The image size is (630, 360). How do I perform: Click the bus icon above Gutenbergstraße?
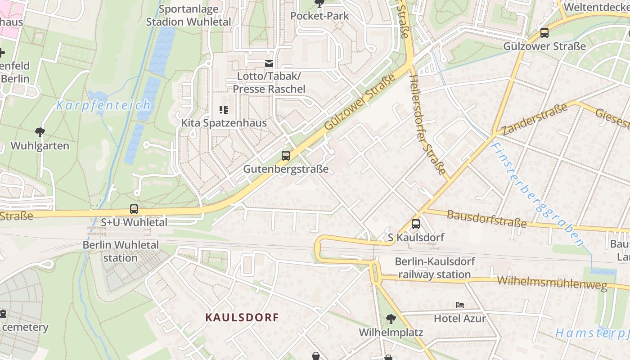(285, 156)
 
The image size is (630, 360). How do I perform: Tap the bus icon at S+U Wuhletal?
(134, 209)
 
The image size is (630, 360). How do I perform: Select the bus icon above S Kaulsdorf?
(416, 224)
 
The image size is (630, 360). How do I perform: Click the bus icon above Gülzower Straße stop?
(544, 32)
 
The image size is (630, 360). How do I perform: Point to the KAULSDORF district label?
(242, 317)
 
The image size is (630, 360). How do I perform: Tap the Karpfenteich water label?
(103, 106)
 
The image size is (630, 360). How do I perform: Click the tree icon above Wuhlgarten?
(40, 132)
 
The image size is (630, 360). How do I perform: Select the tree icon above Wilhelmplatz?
(391, 319)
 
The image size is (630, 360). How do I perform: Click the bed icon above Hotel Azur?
(460, 305)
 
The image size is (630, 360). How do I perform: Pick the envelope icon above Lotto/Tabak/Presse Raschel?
(269, 63)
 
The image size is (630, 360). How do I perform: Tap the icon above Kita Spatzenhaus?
(224, 109)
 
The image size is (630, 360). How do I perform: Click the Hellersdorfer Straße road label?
(427, 125)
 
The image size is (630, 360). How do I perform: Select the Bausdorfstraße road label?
(486, 219)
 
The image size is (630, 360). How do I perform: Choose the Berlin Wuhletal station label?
(121, 251)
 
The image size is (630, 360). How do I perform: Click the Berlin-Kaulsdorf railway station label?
(435, 268)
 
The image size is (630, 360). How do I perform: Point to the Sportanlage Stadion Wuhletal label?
(189, 15)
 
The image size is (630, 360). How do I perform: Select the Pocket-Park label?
(319, 16)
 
